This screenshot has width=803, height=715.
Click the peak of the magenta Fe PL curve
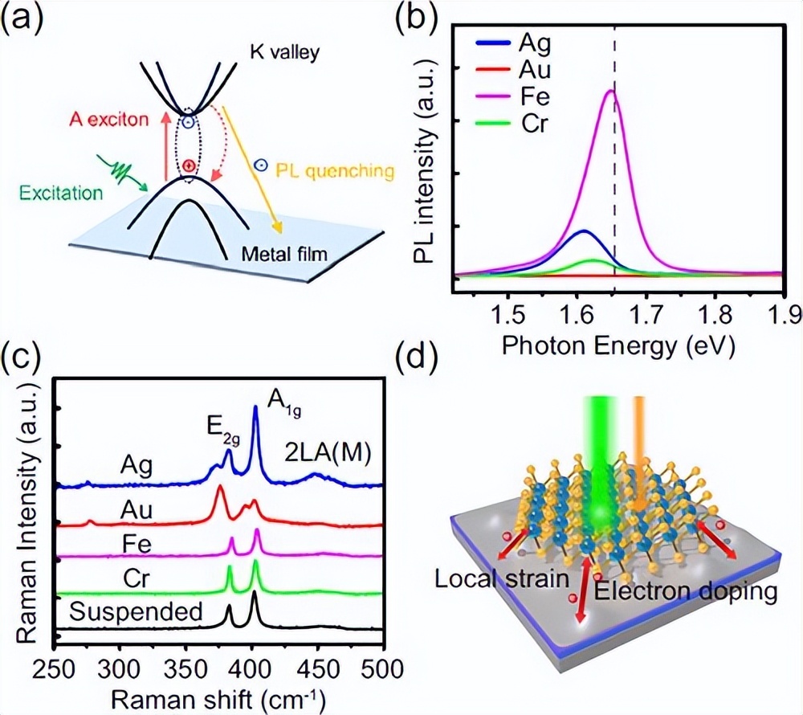tap(610, 91)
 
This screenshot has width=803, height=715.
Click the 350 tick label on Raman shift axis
tap(185, 666)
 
